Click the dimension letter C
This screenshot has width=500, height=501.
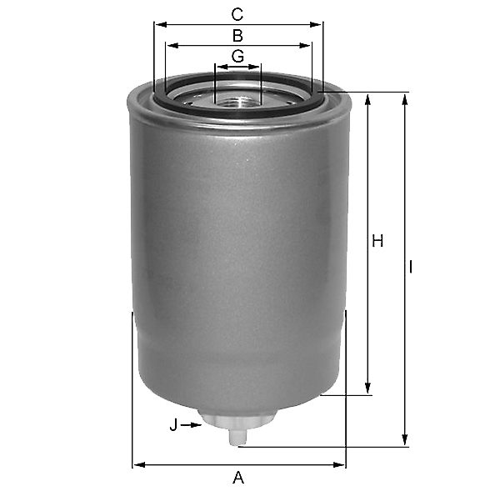pyautogui.click(x=237, y=15)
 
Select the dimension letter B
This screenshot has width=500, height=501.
pyautogui.click(x=237, y=36)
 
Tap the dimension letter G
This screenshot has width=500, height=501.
pyautogui.click(x=237, y=56)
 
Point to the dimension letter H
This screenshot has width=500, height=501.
pyautogui.click(x=377, y=241)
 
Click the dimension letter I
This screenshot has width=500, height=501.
pyautogui.click(x=411, y=267)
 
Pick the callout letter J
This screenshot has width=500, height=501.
pyautogui.click(x=173, y=425)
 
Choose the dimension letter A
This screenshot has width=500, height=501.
pyautogui.click(x=238, y=478)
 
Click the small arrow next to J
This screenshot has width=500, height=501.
pyautogui.click(x=191, y=425)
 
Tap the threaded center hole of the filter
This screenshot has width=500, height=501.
pyautogui.click(x=237, y=103)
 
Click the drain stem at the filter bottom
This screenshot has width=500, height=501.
pyautogui.click(x=237, y=437)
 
